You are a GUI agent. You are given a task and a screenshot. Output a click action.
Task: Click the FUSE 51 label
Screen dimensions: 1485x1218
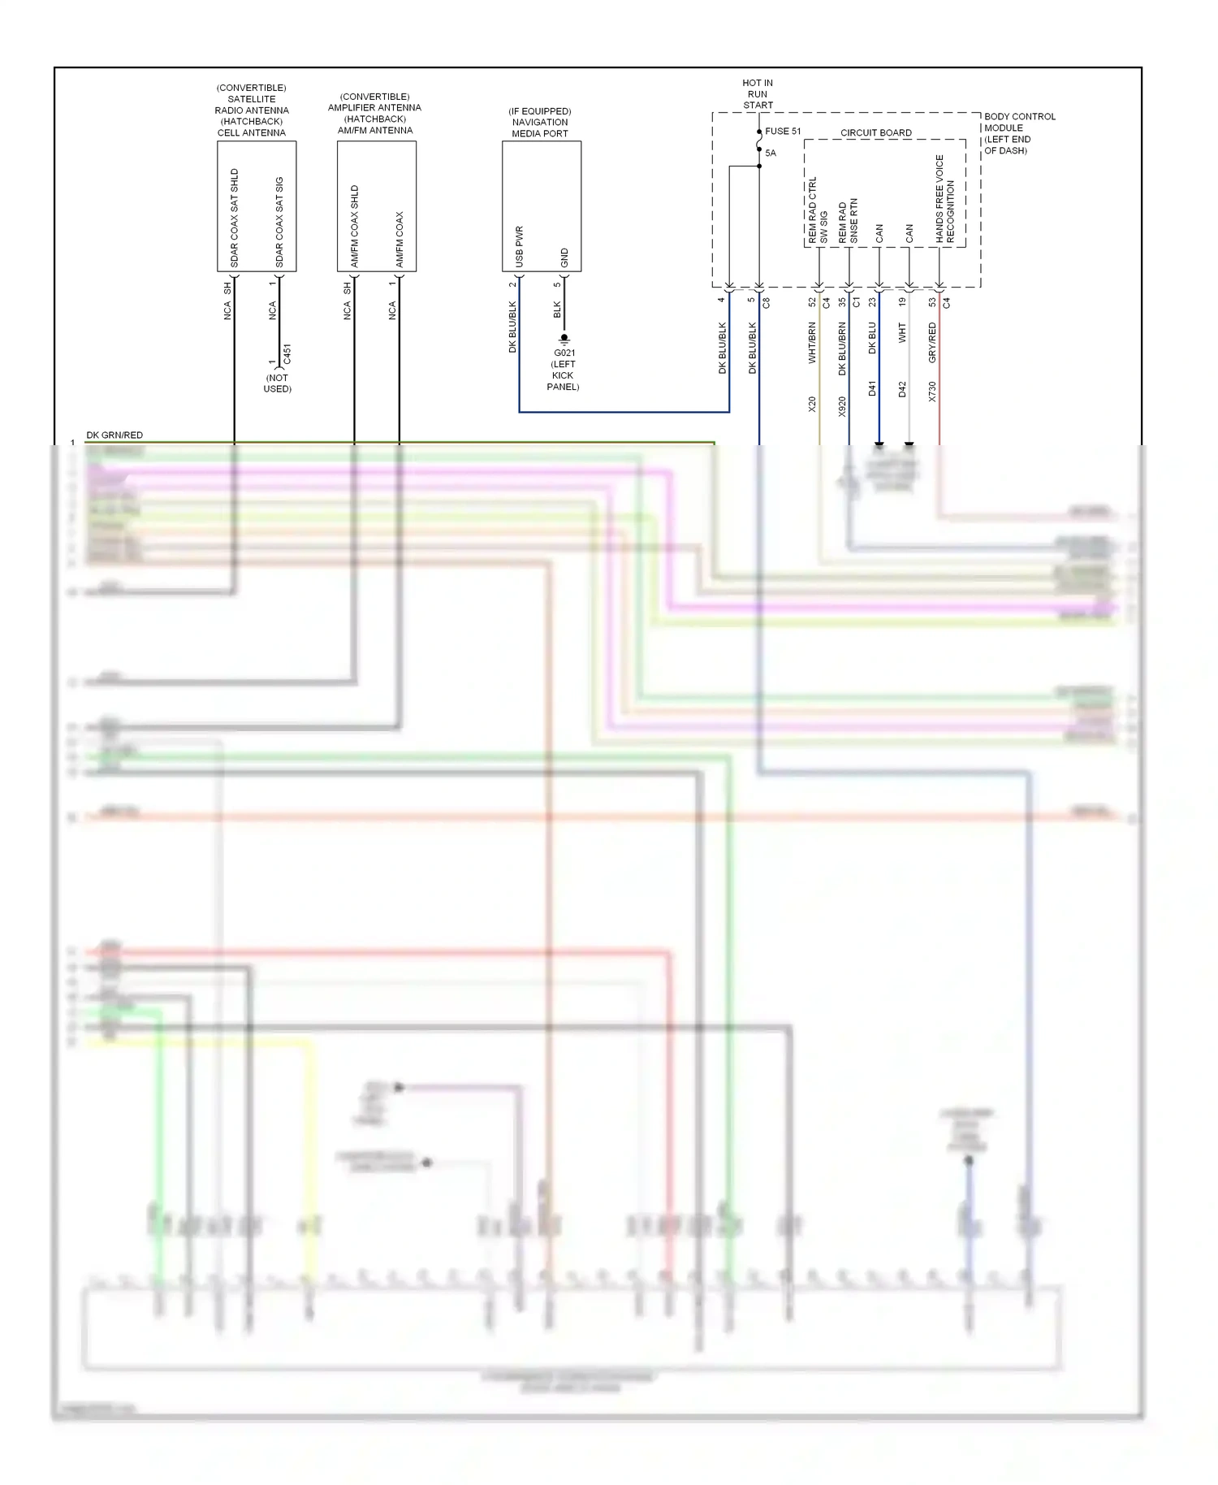(782, 131)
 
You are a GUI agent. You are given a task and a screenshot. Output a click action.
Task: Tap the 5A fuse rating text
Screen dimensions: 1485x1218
(771, 153)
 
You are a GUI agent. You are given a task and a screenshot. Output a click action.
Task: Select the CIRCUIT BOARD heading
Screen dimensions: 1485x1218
(875, 132)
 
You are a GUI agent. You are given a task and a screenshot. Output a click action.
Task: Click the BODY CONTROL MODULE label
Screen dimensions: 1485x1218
(1019, 133)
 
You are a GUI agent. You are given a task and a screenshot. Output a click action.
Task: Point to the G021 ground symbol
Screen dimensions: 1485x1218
(564, 339)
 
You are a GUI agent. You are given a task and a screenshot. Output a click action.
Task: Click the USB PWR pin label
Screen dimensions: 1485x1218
(520, 247)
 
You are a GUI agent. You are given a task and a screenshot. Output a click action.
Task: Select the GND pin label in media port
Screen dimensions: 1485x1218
(564, 258)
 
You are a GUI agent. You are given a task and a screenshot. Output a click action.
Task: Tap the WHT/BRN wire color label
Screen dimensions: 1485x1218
(812, 342)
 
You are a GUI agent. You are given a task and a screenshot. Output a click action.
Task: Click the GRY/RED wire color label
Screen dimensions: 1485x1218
(932, 342)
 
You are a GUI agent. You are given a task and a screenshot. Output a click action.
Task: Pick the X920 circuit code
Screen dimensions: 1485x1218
(842, 406)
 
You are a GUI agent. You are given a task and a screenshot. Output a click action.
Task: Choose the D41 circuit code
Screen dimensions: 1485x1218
(872, 388)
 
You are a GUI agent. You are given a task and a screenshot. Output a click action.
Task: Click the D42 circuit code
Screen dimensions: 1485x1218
(902, 389)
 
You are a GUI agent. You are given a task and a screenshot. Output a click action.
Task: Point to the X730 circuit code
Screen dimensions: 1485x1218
(932, 392)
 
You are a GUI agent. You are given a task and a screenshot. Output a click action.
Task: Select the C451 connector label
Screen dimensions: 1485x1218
(287, 354)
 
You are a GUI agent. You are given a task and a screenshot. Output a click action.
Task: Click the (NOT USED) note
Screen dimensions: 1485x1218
(277, 383)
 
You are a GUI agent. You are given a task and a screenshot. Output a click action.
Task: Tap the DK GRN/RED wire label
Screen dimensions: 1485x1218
(114, 435)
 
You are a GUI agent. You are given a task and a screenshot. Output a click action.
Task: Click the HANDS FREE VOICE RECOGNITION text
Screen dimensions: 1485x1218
(945, 199)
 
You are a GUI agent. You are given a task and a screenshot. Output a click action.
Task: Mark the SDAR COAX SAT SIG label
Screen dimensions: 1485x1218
(279, 222)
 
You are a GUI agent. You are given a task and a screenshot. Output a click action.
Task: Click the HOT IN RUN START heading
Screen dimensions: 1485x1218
(758, 93)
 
